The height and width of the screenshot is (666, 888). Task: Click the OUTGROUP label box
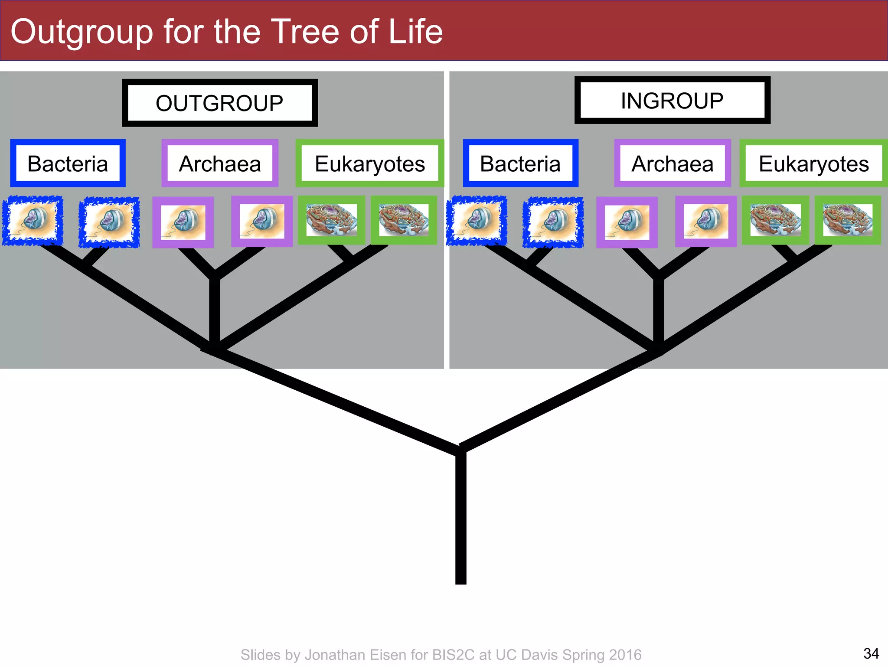pos(220,103)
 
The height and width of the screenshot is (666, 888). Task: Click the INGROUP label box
pos(672,101)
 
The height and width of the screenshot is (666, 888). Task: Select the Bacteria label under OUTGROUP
pos(68,163)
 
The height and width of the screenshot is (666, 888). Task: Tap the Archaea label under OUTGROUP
pos(220,163)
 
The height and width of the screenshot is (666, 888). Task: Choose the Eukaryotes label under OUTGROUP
pos(370,163)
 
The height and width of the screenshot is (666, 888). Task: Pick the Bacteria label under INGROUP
pos(520,163)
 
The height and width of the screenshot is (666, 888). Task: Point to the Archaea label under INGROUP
pos(673,163)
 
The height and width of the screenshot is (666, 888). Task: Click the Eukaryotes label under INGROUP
pos(814,163)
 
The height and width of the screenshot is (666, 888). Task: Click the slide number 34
pos(871,653)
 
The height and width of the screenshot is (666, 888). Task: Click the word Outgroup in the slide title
pos(82,32)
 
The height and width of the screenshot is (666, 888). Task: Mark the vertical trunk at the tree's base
pos(461,520)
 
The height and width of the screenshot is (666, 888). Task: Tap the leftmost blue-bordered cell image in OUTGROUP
pos(33,221)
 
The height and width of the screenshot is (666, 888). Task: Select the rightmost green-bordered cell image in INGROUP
pos(848,220)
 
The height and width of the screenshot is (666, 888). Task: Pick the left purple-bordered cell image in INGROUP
pos(627,222)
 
